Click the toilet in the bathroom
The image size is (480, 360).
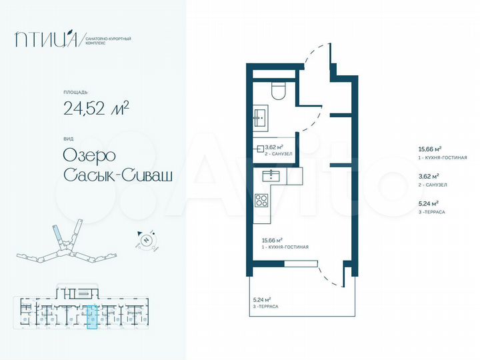[279, 91]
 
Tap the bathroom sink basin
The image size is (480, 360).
[259, 119]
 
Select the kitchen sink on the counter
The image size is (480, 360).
[271, 175]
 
